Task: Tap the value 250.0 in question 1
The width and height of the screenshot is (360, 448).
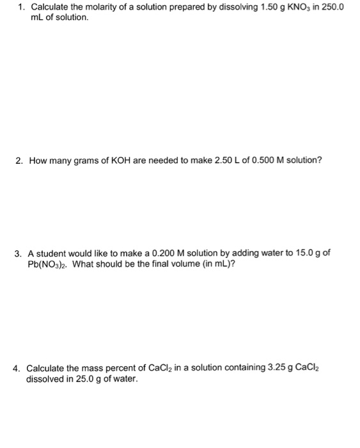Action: pos(336,7)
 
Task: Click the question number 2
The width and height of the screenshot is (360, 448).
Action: pos(19,160)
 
